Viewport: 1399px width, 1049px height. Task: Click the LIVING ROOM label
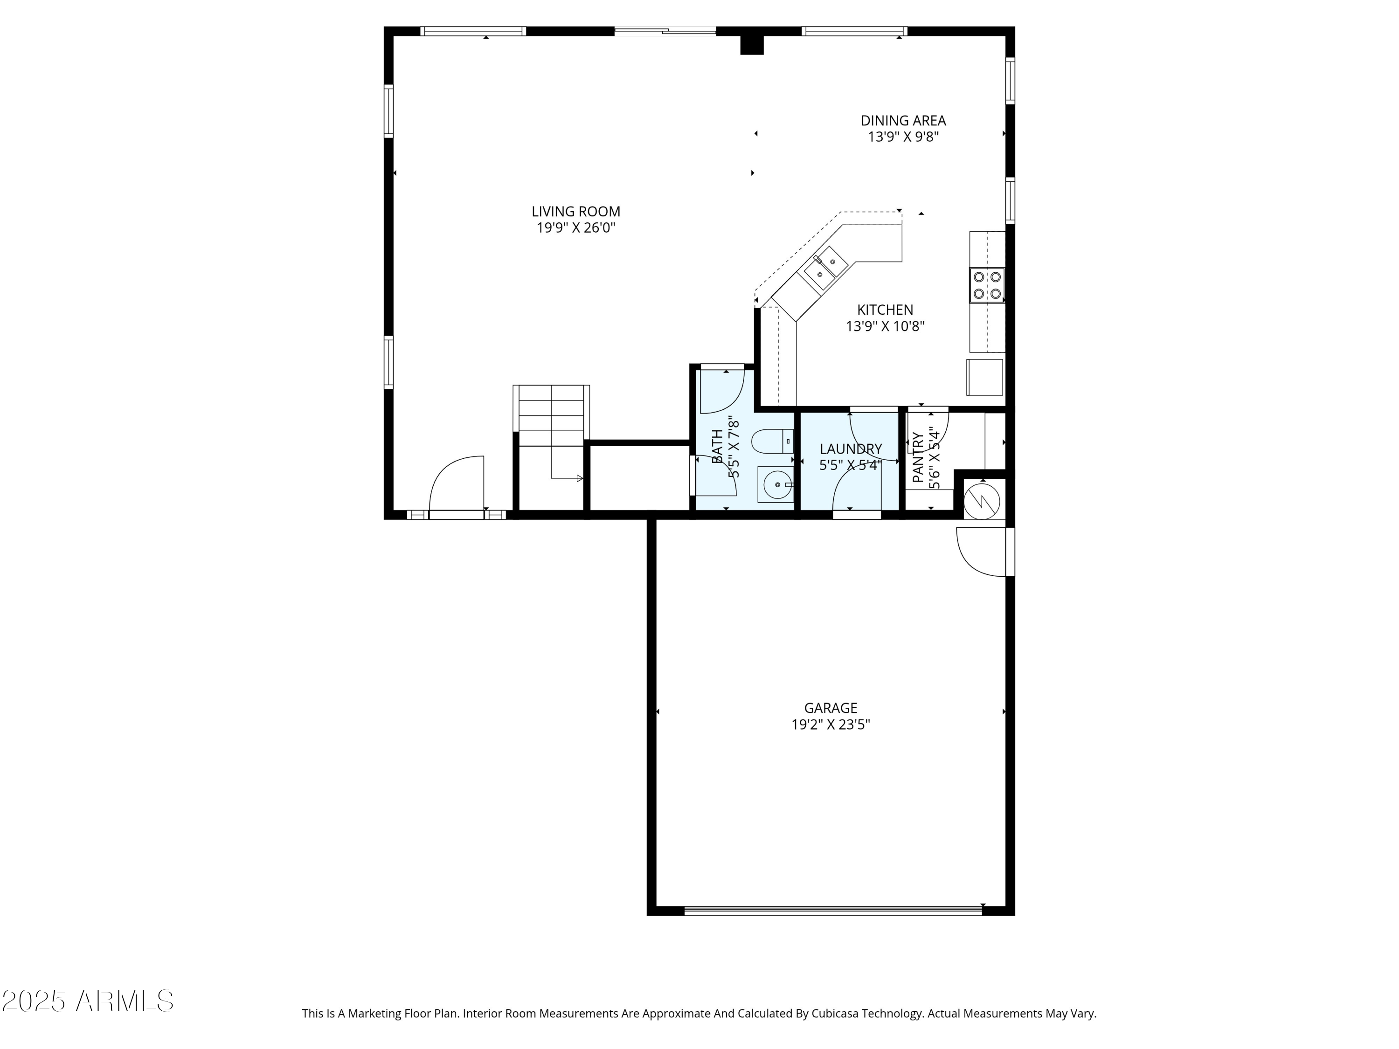point(575,212)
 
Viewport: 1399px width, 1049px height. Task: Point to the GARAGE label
point(831,708)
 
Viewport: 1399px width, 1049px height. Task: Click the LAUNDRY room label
point(850,449)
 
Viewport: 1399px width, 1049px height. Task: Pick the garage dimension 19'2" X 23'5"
point(831,725)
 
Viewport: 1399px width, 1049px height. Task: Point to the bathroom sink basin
point(776,485)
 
